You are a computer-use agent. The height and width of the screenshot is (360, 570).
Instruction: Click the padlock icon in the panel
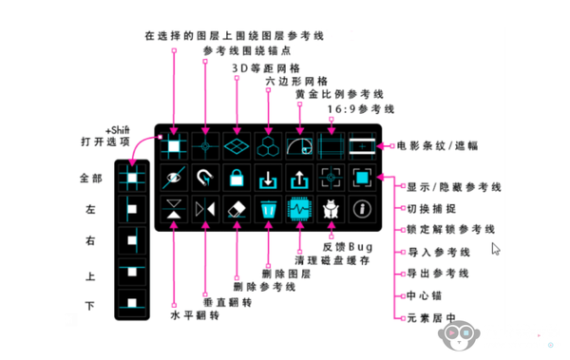tap(236, 177)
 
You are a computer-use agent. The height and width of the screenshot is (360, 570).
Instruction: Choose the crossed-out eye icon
tap(174, 177)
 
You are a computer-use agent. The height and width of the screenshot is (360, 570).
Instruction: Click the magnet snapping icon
tap(204, 177)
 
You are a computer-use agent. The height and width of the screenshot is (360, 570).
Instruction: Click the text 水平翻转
tap(193, 314)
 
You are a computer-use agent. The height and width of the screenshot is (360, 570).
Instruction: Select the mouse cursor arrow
tap(496, 249)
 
